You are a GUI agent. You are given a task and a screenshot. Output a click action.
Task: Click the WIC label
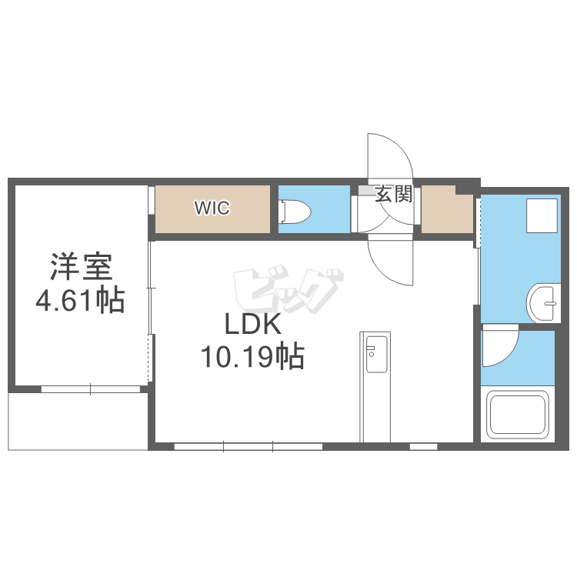[212, 208]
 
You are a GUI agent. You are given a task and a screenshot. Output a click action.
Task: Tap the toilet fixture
[295, 212]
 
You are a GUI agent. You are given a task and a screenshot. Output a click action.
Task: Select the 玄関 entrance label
[393, 194]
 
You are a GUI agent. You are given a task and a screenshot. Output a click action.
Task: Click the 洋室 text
[81, 267]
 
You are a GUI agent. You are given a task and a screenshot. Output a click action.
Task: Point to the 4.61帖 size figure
[80, 300]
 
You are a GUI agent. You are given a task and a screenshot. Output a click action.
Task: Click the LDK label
[253, 324]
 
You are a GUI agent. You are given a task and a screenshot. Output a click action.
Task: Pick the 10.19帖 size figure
[252, 356]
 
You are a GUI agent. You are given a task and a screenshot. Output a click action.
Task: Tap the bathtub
[518, 415]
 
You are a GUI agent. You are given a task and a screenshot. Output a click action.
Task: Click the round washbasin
[544, 303]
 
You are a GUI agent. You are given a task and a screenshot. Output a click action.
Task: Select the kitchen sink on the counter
[377, 353]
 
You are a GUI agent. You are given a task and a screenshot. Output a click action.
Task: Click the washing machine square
[542, 215]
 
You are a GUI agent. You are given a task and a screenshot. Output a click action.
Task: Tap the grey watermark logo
[288, 288]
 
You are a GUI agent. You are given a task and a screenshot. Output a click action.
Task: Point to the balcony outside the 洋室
[78, 422]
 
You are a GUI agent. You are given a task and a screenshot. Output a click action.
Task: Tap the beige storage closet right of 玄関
[447, 210]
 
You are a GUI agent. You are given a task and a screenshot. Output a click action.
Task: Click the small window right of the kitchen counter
[423, 447]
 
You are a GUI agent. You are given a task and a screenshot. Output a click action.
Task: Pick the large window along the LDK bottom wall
[248, 447]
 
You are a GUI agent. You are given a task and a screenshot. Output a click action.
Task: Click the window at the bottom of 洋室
[91, 389]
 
